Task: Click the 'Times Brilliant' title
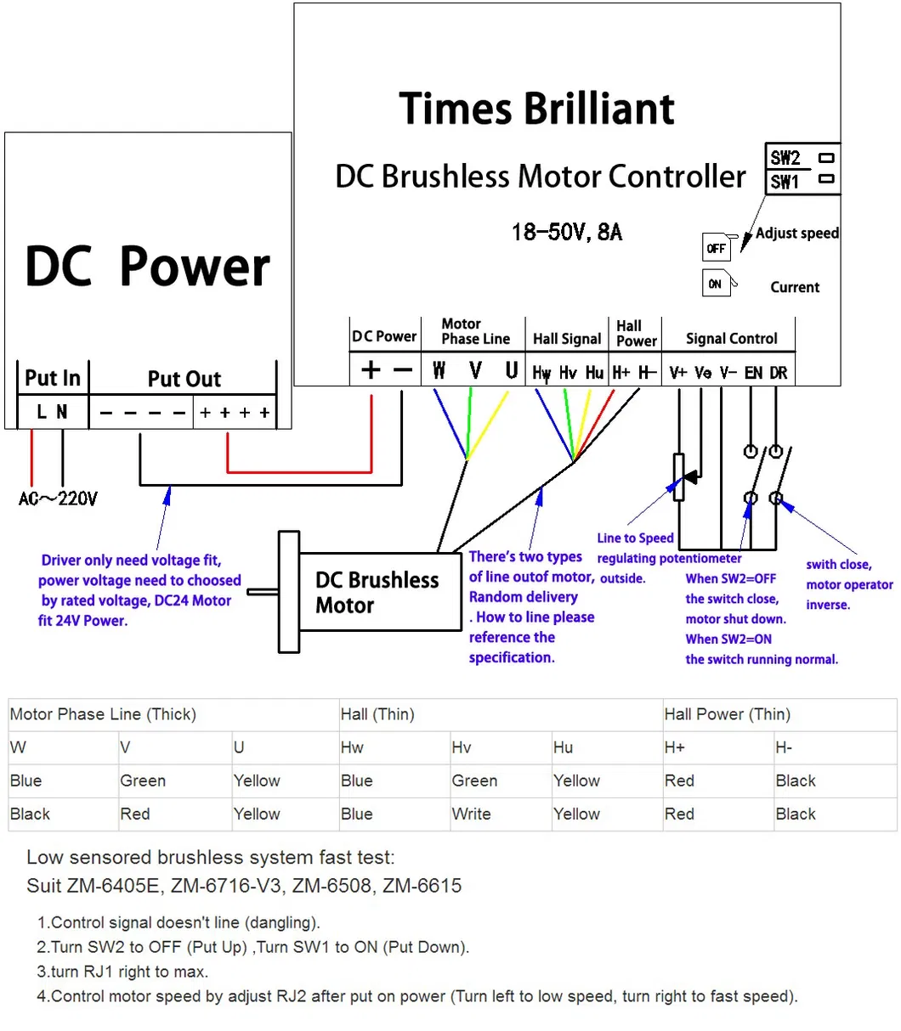coord(536,109)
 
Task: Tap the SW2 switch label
coord(785,158)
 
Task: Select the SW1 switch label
coord(784,182)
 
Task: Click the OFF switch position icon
coord(716,247)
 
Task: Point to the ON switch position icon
coord(716,283)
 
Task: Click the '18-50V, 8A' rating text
coord(567,233)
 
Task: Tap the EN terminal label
coord(753,372)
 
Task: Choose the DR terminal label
coord(778,372)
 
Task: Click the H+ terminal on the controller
coord(620,372)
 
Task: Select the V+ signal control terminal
coord(677,372)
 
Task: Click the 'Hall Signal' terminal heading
coord(567,339)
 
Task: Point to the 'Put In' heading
coord(53,378)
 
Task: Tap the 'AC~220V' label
coord(58,499)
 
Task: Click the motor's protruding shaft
coord(263,592)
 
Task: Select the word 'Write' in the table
coord(471,814)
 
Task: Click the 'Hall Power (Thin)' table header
coord(727,713)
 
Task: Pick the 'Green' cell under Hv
coord(474,780)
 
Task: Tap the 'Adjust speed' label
coord(796,234)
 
